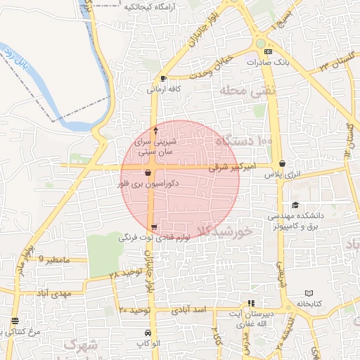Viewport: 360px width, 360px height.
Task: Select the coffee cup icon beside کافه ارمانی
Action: click(164, 78)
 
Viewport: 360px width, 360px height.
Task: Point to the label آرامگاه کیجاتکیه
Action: click(150, 6)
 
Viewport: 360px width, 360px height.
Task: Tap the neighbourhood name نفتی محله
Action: click(248, 90)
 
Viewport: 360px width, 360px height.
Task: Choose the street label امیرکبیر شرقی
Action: click(230, 168)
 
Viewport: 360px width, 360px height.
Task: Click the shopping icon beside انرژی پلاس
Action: click(282, 163)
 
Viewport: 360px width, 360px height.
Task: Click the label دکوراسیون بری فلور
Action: click(148, 183)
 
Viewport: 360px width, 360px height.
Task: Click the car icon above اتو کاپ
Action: click(146, 332)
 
